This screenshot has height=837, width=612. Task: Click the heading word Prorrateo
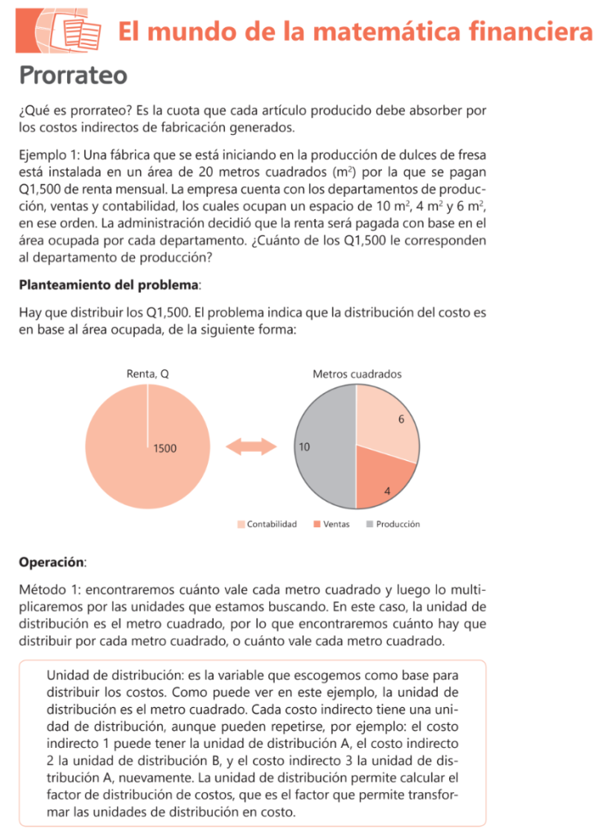click(73, 75)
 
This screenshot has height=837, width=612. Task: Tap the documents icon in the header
click(72, 32)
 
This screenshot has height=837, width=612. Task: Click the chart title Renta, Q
click(148, 374)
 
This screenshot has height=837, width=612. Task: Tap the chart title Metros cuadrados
click(357, 374)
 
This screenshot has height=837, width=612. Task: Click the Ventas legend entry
click(331, 524)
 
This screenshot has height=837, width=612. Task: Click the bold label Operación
click(51, 562)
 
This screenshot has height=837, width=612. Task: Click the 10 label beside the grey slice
click(304, 448)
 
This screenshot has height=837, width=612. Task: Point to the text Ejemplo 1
click(47, 155)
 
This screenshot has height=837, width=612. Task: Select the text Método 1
click(49, 589)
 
